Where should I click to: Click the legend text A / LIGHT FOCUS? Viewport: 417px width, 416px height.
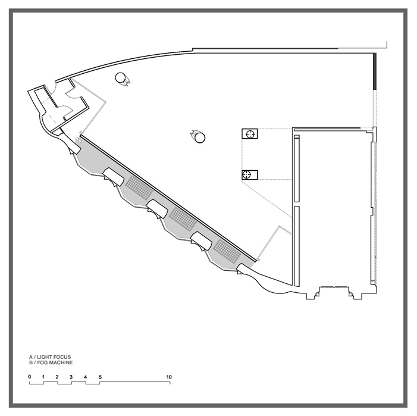(x=50, y=357)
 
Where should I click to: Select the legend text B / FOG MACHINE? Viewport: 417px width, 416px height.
(x=51, y=362)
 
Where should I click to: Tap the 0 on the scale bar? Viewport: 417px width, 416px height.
(x=30, y=377)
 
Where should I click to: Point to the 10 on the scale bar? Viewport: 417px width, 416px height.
(x=169, y=377)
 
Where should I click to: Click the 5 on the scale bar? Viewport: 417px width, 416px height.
(x=101, y=377)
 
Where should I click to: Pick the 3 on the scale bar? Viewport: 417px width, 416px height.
(x=71, y=377)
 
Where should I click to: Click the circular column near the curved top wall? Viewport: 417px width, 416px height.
(x=121, y=78)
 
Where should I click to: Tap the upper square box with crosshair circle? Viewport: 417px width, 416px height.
(x=250, y=134)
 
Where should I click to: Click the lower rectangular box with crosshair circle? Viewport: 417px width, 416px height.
(x=250, y=175)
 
